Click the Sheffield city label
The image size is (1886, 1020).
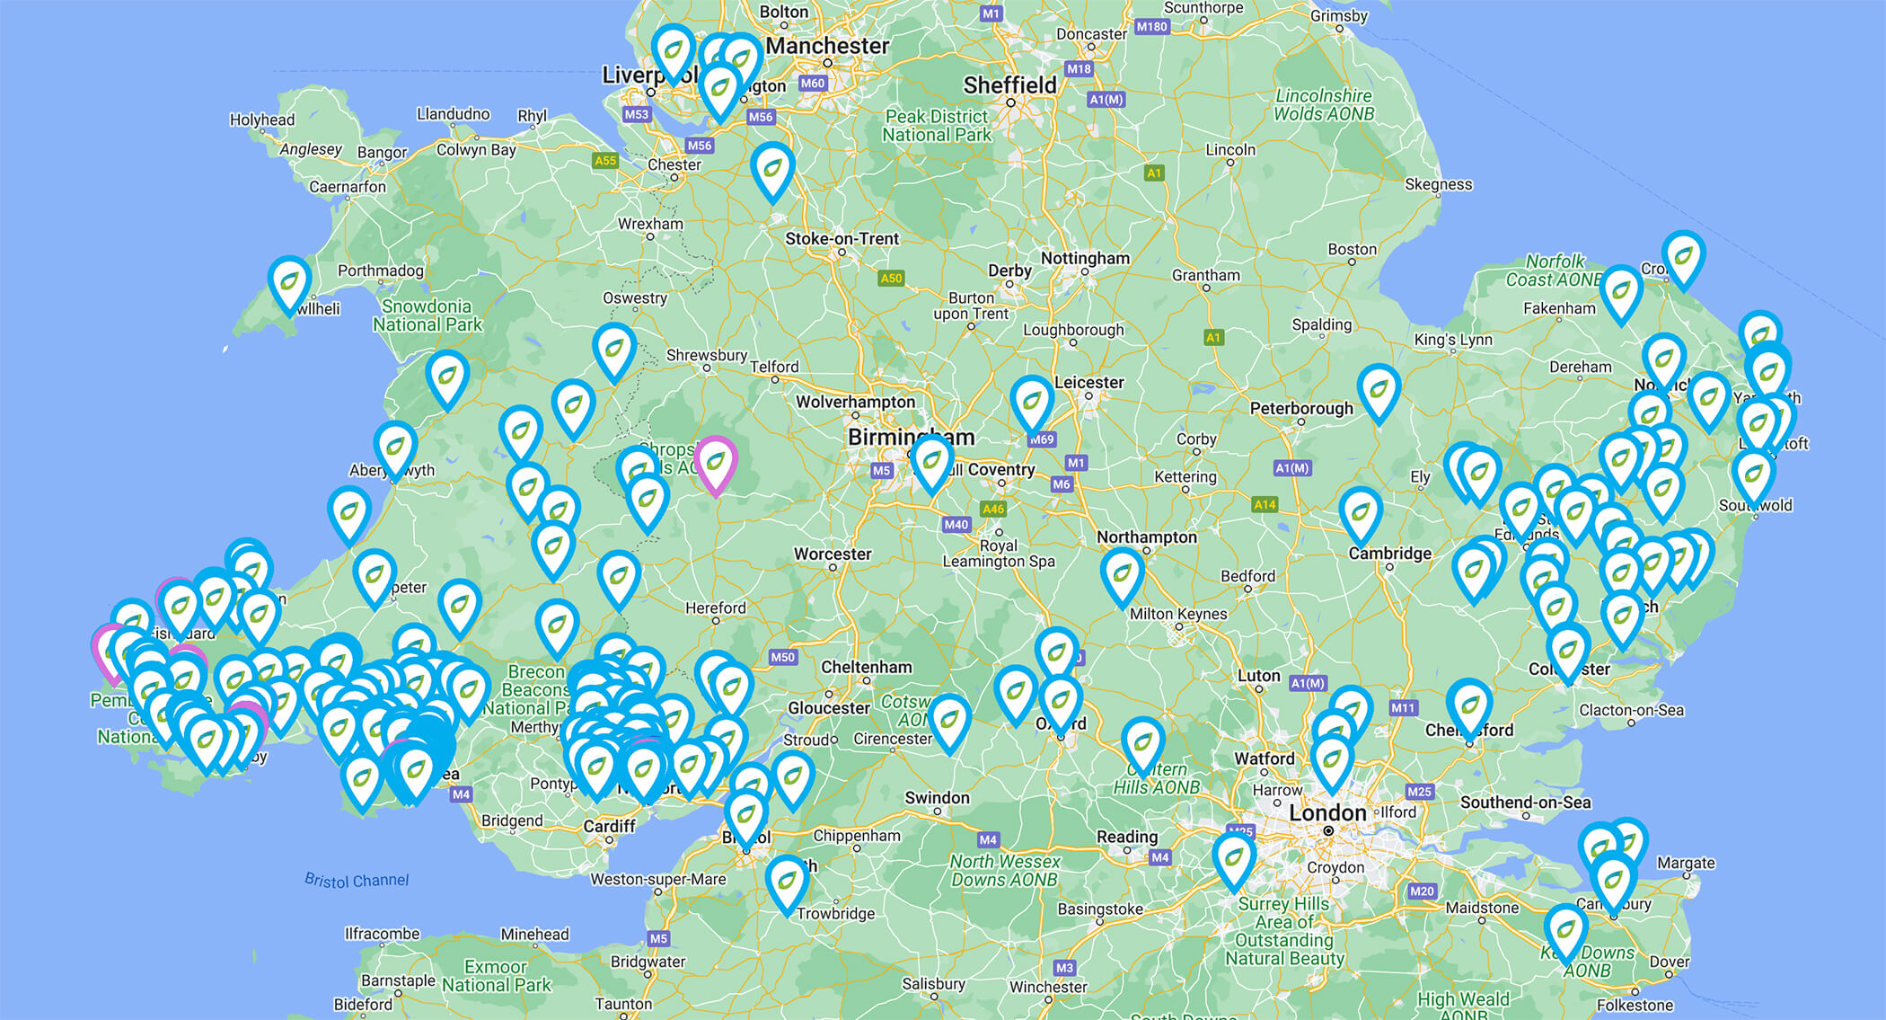(x=1009, y=85)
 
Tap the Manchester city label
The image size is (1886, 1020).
(x=827, y=46)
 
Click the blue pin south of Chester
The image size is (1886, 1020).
(x=772, y=169)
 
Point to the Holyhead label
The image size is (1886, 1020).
(x=261, y=120)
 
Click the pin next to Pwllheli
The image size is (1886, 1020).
(x=289, y=283)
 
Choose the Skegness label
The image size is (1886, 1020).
(x=1438, y=184)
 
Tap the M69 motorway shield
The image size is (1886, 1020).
(x=1041, y=439)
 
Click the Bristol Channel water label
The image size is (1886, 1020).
(x=356, y=880)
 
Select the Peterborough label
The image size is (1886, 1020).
(x=1301, y=408)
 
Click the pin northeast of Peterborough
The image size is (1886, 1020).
(x=1379, y=391)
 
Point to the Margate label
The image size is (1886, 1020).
(x=1686, y=863)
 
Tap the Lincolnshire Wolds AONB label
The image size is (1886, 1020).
(x=1324, y=104)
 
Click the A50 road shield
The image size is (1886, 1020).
(x=891, y=278)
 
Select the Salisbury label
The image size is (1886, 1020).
(x=933, y=983)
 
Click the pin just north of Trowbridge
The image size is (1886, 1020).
(x=787, y=882)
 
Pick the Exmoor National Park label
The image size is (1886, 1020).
(x=496, y=976)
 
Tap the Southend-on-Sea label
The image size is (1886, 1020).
(x=1525, y=802)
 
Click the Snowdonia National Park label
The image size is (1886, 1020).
(x=427, y=315)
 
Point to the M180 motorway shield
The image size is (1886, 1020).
(x=1151, y=27)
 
